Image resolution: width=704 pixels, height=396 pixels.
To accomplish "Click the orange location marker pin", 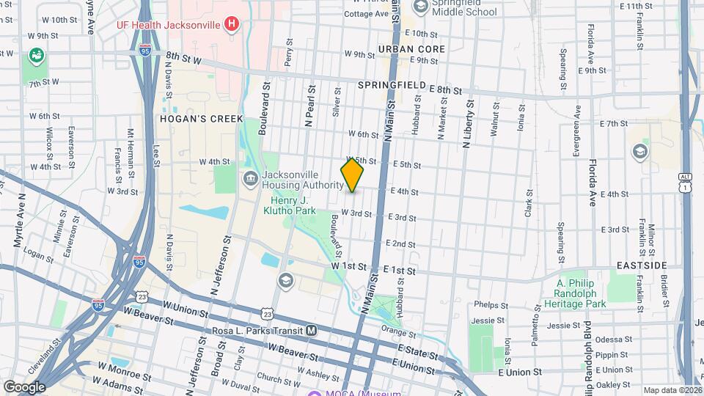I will point(352,175).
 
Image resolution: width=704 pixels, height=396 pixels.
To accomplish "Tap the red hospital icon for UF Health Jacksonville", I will point(232,24).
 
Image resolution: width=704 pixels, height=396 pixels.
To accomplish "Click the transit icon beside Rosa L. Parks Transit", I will point(312,331).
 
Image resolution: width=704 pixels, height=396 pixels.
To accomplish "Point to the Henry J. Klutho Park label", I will point(289,205).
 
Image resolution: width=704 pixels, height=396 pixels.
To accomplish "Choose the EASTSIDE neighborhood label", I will point(642,265).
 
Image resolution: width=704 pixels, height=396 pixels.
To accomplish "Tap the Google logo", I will point(23,386).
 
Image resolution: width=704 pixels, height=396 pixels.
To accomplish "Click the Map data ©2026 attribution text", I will point(672,390).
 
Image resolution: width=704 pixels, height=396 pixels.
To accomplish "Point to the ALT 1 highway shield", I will point(685,183).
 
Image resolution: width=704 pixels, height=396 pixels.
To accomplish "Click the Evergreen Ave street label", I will point(577,132).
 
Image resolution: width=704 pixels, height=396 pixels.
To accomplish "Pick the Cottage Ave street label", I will point(364,14).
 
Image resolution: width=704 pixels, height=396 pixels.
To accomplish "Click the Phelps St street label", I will point(491,304).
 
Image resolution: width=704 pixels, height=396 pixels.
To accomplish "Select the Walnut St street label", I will point(495,119).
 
